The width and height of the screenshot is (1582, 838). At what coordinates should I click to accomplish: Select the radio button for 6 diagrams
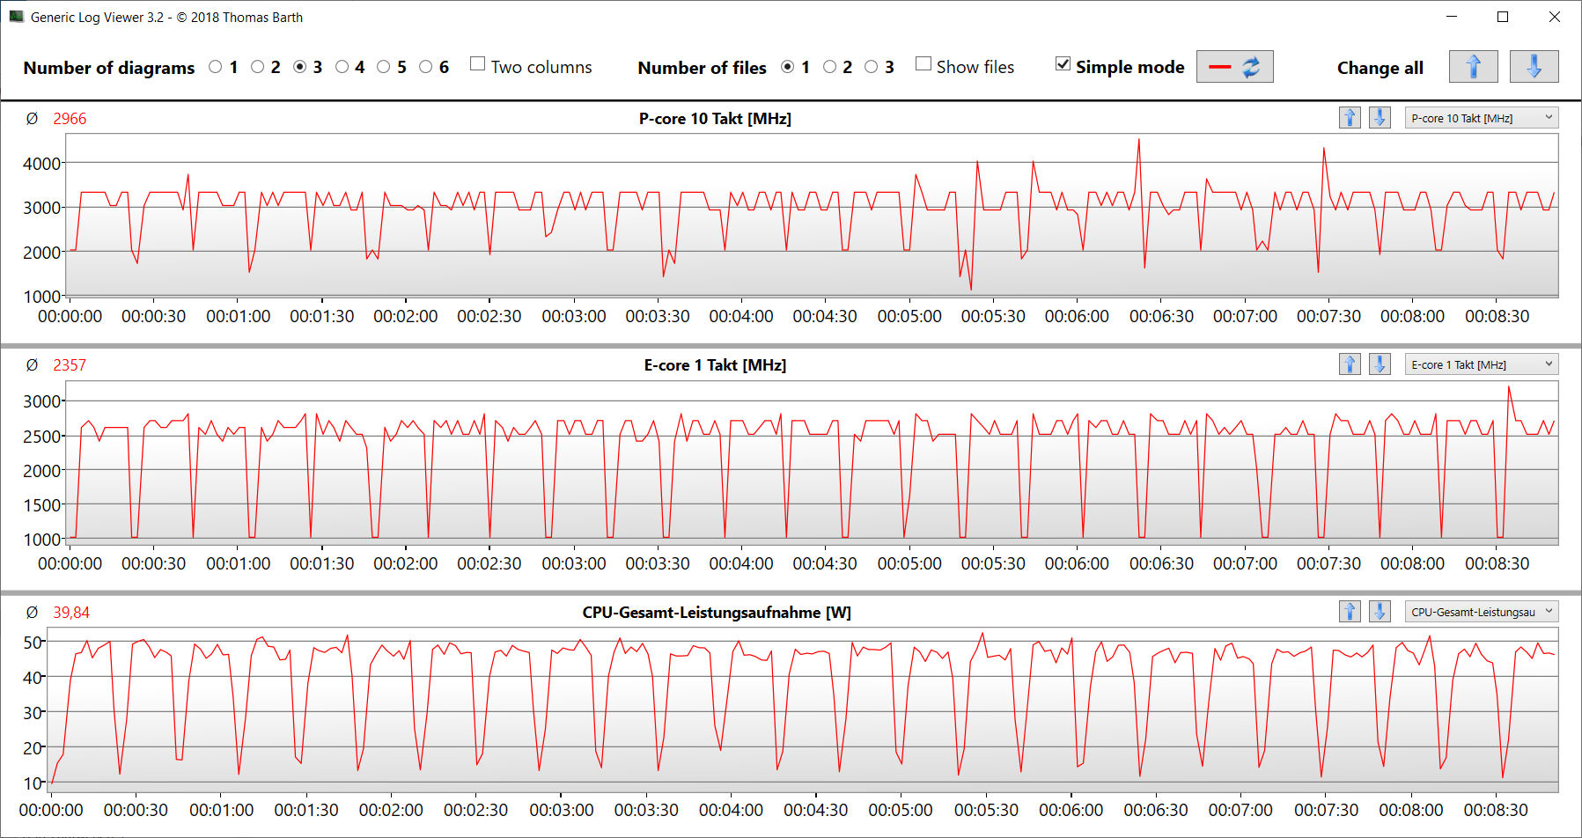(x=426, y=67)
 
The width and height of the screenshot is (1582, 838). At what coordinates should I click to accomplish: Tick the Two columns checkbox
(x=478, y=64)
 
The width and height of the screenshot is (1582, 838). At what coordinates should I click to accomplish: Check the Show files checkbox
(x=923, y=64)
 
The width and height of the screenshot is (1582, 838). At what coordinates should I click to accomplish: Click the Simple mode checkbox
(x=1063, y=64)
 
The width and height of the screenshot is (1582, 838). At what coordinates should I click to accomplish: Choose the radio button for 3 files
(x=872, y=67)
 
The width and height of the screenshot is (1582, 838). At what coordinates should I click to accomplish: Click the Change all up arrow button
(x=1473, y=67)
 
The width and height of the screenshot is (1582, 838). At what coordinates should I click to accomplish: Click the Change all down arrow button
(x=1534, y=67)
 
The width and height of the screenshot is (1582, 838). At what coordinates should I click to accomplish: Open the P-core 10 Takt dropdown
(x=1481, y=118)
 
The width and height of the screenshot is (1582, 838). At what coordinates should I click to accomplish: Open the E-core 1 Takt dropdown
(x=1481, y=364)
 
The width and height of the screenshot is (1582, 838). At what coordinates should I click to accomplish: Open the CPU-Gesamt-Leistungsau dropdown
(x=1481, y=612)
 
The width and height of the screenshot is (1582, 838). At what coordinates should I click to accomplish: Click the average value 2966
(x=70, y=119)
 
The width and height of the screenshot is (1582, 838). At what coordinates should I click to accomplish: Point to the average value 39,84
(x=71, y=613)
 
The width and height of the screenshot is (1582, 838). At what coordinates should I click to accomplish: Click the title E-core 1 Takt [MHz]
(x=715, y=365)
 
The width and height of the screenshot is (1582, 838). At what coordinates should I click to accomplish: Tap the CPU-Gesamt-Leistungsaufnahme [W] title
(x=717, y=613)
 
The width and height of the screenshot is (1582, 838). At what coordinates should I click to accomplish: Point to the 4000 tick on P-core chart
(x=41, y=164)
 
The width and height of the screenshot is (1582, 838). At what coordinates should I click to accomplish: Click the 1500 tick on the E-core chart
(x=41, y=505)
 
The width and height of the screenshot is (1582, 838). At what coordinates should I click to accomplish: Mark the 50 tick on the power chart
(x=33, y=643)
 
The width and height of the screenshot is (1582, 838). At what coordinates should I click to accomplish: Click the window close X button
(x=1555, y=17)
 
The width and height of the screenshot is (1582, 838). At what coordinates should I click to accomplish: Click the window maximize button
(x=1503, y=17)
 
